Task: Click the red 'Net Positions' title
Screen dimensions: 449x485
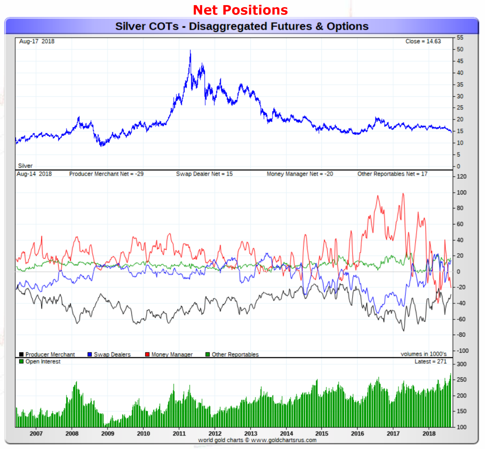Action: click(x=240, y=10)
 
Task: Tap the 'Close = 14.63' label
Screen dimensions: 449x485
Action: click(x=423, y=41)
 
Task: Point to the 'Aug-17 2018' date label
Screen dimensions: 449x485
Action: click(x=37, y=41)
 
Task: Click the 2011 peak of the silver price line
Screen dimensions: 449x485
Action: click(x=190, y=51)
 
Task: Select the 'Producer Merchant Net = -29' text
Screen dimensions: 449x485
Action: click(x=106, y=174)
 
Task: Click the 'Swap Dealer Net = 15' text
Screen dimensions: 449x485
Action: click(x=204, y=174)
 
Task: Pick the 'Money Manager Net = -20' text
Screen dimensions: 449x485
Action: click(x=300, y=174)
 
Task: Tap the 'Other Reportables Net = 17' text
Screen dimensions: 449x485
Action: click(x=392, y=174)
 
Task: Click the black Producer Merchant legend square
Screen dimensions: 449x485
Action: click(x=21, y=354)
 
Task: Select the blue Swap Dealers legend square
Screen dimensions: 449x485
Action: click(x=90, y=354)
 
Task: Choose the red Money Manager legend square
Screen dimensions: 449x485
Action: click(x=147, y=354)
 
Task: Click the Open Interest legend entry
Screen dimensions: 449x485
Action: click(x=40, y=361)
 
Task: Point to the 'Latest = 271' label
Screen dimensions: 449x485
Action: click(x=430, y=361)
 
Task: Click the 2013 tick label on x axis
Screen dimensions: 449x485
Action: click(x=251, y=433)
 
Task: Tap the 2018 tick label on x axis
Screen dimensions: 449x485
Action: click(x=429, y=433)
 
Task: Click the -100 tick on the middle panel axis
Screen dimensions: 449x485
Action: click(x=462, y=351)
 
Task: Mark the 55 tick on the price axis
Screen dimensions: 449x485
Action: click(x=460, y=38)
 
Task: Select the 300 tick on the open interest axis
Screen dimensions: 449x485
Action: click(x=461, y=364)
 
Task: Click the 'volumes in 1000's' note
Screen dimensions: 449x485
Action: click(x=423, y=354)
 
